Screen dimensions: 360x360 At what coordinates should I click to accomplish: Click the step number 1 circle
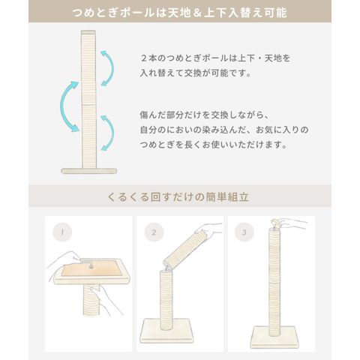click(62, 232)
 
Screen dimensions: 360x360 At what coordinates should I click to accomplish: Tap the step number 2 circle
click(154, 232)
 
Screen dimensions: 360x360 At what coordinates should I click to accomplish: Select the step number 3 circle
click(244, 232)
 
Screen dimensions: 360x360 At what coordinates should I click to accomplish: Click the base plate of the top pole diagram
click(89, 171)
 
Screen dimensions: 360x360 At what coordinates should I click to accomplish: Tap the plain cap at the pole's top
click(88, 32)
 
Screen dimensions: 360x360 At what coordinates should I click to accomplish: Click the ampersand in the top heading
click(197, 13)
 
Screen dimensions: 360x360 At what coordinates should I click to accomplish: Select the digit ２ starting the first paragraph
click(144, 58)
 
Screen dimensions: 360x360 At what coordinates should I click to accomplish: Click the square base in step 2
click(166, 331)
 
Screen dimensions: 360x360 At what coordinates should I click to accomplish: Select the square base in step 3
click(275, 336)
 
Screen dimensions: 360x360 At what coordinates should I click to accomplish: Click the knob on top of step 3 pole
click(275, 223)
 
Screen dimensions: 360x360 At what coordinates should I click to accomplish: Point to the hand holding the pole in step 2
click(208, 229)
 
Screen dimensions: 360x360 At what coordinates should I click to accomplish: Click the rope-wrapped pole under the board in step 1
click(92, 301)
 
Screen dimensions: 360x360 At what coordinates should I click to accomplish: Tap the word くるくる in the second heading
click(128, 197)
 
